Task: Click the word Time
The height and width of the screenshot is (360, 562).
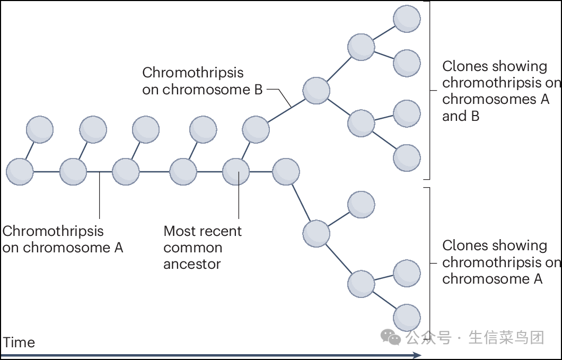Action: pos(19,343)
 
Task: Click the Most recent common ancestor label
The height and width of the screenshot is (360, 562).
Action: pos(202,247)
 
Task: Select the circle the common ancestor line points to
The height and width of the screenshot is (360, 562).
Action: pos(236,172)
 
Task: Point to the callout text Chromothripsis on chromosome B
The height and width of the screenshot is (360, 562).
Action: pos(202,81)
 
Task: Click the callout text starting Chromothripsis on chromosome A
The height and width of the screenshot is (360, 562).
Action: pos(63,239)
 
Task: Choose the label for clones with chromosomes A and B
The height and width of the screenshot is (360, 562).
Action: pos(500,91)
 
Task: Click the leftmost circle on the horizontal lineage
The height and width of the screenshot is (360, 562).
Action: pos(20,172)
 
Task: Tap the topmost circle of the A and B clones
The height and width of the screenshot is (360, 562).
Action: pos(407,19)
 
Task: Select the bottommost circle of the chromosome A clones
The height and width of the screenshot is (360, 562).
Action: pos(407,318)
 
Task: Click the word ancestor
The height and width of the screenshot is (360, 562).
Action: pos(192,264)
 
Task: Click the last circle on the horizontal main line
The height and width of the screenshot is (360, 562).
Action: pos(286,172)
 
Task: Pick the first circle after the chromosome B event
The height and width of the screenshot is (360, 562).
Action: pos(317,90)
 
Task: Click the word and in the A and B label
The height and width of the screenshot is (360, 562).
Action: pos(454,116)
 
